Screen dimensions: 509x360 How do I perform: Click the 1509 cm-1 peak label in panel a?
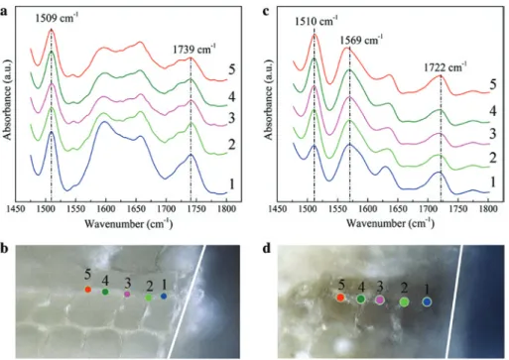(x=57, y=18)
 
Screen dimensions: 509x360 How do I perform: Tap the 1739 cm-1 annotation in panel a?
(x=194, y=50)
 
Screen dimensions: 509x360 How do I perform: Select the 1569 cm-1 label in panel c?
(x=361, y=40)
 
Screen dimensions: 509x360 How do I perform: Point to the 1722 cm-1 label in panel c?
(x=445, y=67)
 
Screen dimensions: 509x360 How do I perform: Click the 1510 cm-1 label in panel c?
(x=317, y=21)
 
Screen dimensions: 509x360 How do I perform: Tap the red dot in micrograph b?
(x=88, y=290)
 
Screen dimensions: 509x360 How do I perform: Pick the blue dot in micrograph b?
(x=164, y=297)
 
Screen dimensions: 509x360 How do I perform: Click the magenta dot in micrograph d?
(x=380, y=300)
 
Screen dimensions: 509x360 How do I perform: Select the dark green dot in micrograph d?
(x=361, y=300)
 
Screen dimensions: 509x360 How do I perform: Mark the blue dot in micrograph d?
(x=427, y=301)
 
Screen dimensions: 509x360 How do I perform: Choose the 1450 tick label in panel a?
(x=16, y=209)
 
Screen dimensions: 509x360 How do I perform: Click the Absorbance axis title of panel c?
(x=268, y=100)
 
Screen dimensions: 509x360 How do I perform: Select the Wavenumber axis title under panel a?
(x=129, y=224)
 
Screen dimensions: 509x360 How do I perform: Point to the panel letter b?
(x=4, y=249)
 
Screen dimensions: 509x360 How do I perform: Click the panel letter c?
(x=265, y=12)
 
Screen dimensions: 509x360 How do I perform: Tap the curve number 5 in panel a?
(x=231, y=69)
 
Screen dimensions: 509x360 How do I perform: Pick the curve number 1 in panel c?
(x=493, y=181)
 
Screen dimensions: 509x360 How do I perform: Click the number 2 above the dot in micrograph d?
(x=404, y=289)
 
